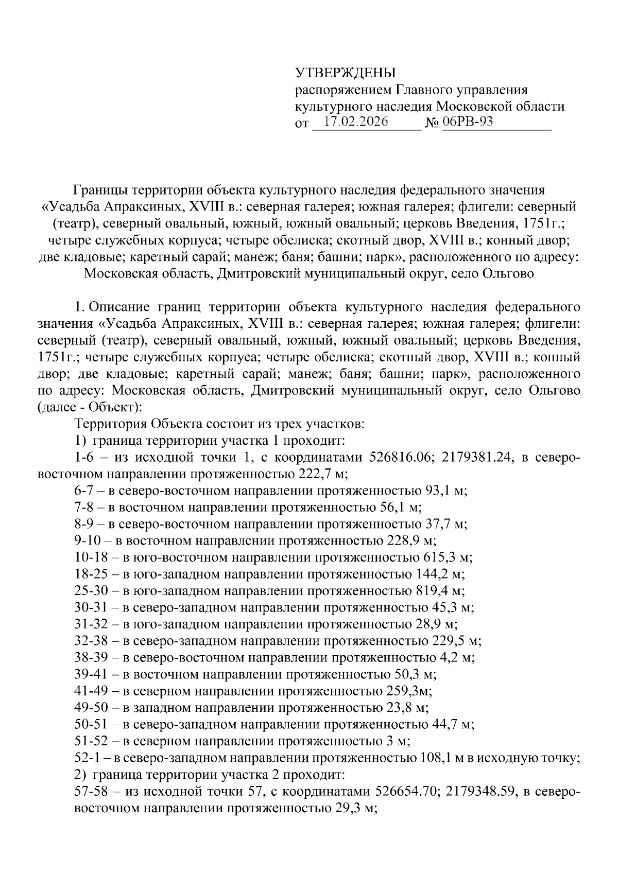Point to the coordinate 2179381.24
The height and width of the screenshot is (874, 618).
(x=475, y=458)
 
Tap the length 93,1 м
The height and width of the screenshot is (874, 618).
(x=446, y=491)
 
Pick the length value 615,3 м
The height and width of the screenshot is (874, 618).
(x=448, y=557)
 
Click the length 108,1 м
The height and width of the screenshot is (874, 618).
(x=436, y=758)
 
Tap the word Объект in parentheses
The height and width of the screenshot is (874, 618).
(x=111, y=408)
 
